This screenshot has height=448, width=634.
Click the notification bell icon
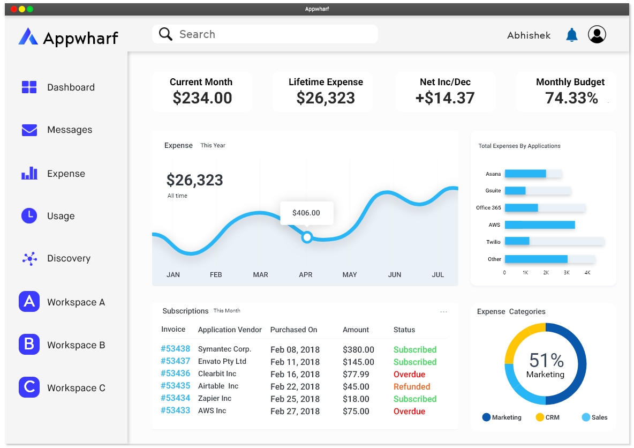(572, 35)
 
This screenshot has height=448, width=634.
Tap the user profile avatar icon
(597, 34)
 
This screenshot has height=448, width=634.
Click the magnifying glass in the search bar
(166, 34)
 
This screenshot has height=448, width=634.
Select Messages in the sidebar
(70, 130)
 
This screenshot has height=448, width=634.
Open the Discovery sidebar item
(69, 258)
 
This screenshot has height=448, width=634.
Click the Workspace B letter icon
(29, 345)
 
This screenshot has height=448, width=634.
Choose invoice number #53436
(176, 374)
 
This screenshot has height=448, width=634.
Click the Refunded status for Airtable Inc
(412, 386)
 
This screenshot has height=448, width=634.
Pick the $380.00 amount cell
(358, 349)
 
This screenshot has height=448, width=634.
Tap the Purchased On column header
(293, 330)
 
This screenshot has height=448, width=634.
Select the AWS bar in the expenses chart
(540, 225)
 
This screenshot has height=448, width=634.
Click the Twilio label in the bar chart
(493, 242)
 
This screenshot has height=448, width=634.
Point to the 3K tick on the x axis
(567, 273)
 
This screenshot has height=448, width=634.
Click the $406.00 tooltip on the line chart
(306, 213)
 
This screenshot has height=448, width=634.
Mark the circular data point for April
(307, 237)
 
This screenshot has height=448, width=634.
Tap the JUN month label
(395, 274)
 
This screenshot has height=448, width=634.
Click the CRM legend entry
(547, 417)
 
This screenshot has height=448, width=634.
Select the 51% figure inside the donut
(546, 360)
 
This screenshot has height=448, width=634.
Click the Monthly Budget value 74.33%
(571, 98)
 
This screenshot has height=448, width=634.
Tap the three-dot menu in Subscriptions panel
(443, 312)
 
